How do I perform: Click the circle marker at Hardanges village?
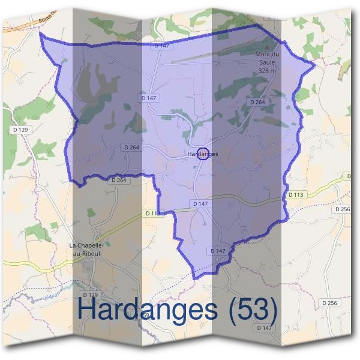(202, 154)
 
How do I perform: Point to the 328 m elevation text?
(267, 70)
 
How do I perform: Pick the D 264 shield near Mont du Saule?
(257, 103)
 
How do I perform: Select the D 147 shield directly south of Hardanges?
(200, 204)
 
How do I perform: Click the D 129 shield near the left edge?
(20, 130)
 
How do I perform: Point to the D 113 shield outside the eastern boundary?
(296, 194)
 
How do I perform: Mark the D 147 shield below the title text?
(264, 328)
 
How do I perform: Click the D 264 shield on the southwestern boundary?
(119, 180)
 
